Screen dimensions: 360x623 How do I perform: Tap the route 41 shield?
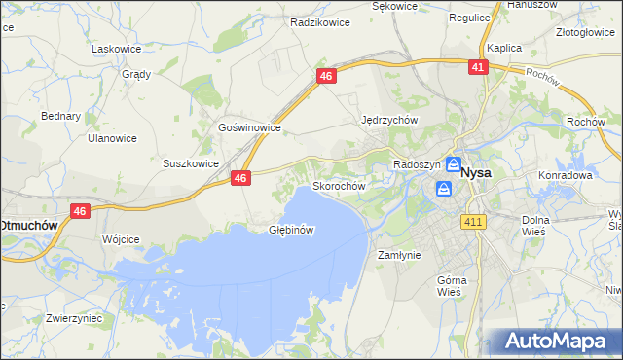477,67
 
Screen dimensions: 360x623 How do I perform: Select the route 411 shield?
474,223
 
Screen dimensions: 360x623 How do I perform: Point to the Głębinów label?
291,230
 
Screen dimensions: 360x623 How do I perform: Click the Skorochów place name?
339,185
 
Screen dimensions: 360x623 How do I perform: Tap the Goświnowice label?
250,127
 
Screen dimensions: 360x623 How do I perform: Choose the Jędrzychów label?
389,120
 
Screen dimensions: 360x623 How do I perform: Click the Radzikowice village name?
320,19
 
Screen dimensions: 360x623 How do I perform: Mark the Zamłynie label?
398,254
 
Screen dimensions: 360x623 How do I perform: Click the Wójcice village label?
121,238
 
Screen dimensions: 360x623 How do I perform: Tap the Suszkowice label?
191,163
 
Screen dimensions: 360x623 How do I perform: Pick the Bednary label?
60,116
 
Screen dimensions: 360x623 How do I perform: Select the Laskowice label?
116,48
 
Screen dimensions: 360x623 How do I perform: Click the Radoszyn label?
418,164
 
